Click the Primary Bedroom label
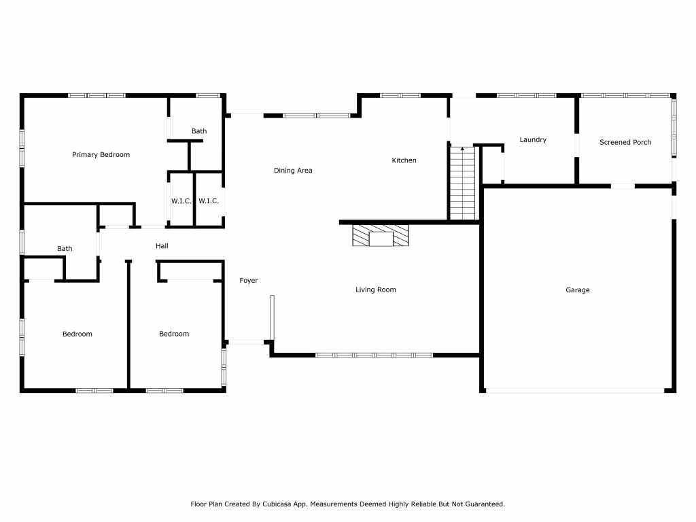(x=101, y=154)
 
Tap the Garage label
(x=578, y=290)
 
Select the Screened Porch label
(x=625, y=142)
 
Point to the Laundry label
(x=533, y=140)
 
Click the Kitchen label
(x=404, y=160)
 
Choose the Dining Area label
(x=293, y=171)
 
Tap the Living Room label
(x=375, y=290)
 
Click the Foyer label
(x=249, y=281)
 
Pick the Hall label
(x=162, y=246)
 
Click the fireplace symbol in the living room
(x=381, y=235)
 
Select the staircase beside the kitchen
(x=462, y=183)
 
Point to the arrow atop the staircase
(x=462, y=149)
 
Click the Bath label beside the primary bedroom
(x=199, y=131)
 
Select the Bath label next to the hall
(x=65, y=249)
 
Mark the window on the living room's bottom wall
(x=375, y=355)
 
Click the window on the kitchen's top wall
(x=400, y=95)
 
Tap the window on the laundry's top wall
(x=527, y=95)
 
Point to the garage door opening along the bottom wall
(x=575, y=391)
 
